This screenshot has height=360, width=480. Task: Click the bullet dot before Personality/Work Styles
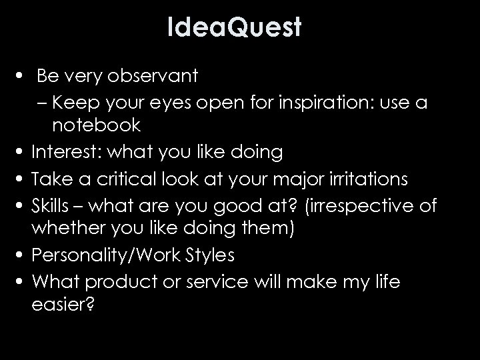pos(21,255)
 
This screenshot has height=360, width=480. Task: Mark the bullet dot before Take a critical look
pos(21,180)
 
